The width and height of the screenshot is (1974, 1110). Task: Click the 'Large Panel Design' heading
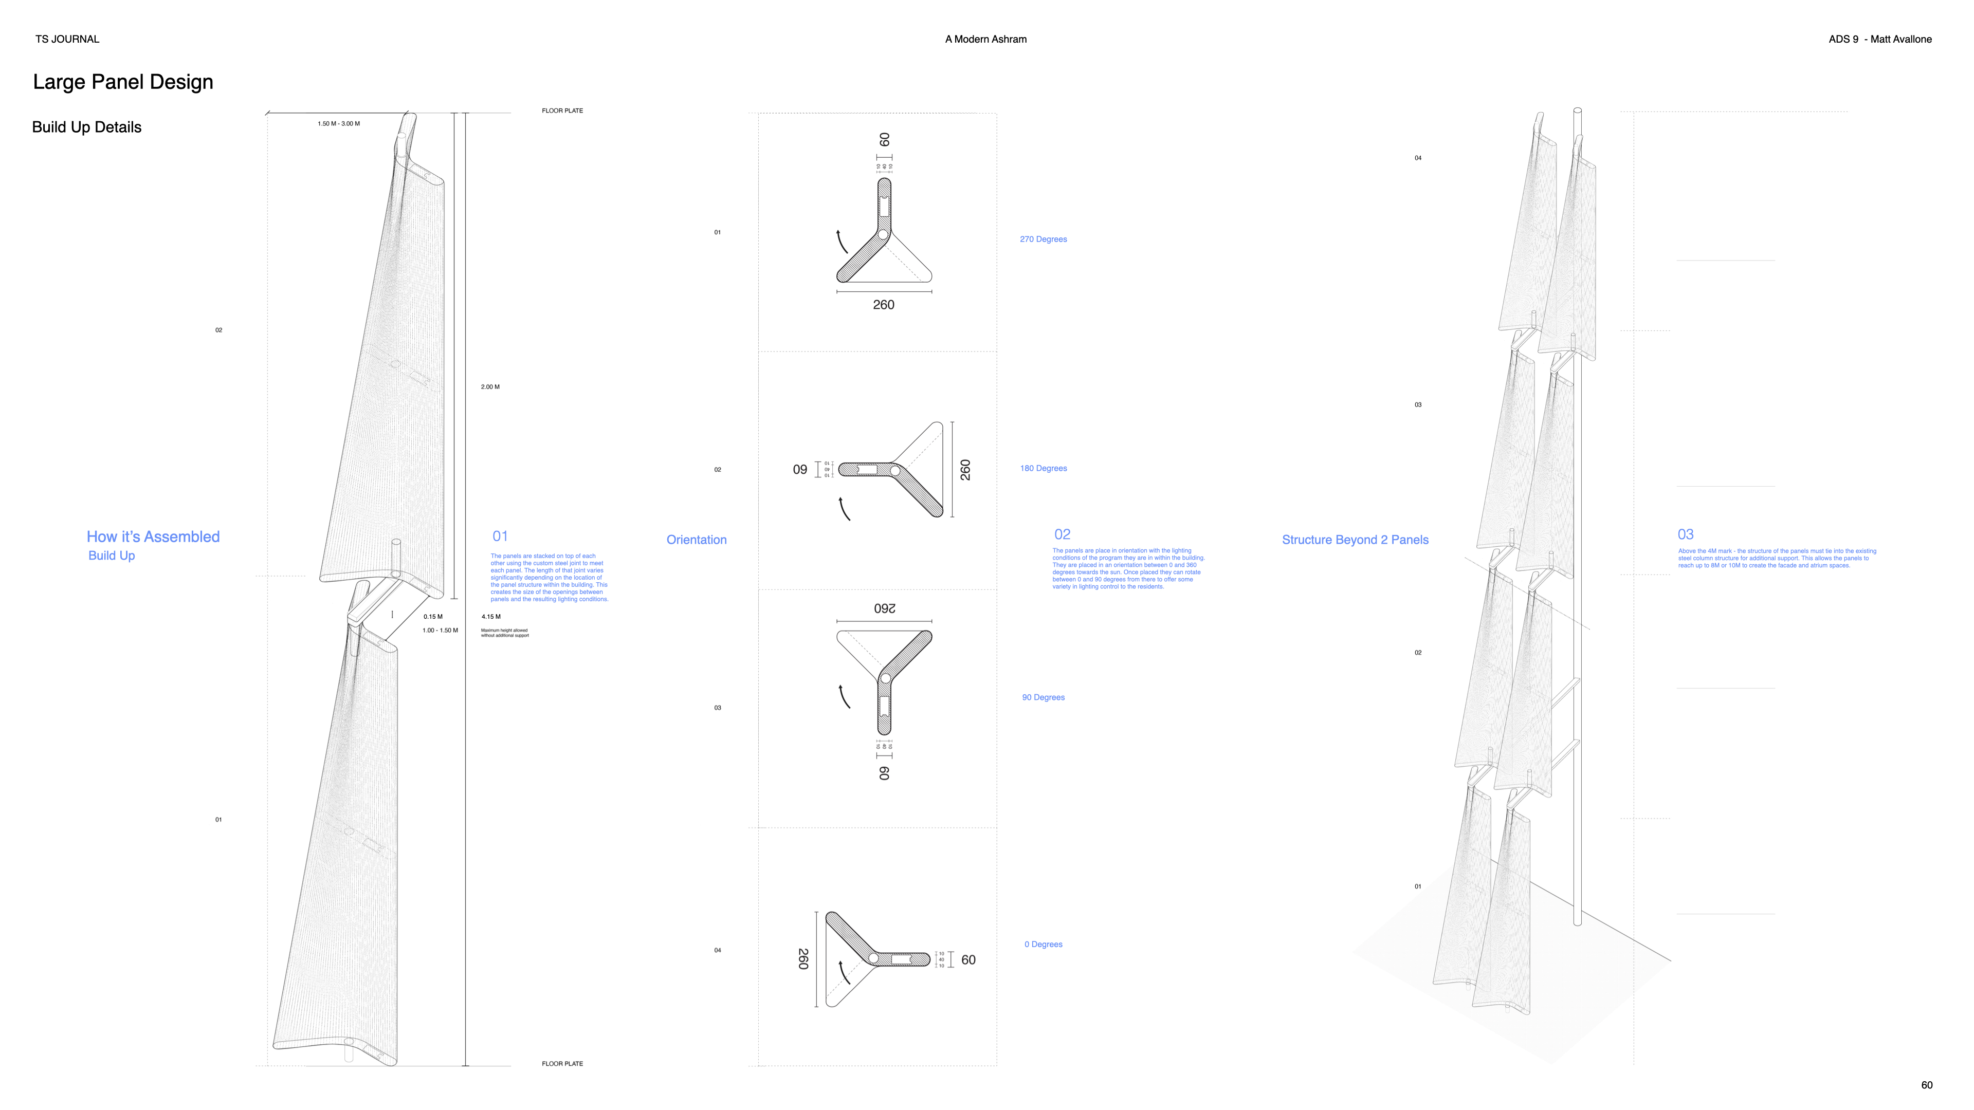[x=123, y=82]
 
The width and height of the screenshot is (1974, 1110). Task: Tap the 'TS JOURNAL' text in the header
[x=67, y=39]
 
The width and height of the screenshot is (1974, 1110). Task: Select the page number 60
[x=1927, y=1085]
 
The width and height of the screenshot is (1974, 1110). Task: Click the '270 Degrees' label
[x=1043, y=239]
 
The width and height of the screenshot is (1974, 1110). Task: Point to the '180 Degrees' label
[x=1043, y=468]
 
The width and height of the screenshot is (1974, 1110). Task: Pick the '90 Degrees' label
[x=1043, y=697]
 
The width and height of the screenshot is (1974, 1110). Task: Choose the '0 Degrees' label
[x=1043, y=944]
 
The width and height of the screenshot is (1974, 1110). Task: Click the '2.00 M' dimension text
[x=490, y=387]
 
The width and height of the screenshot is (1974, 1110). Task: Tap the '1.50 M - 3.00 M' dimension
[x=339, y=123]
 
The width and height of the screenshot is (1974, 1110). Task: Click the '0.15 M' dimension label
[x=433, y=617]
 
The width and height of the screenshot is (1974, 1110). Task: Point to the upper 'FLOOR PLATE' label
[x=562, y=110]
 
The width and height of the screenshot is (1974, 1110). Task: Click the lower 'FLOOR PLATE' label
[x=562, y=1063]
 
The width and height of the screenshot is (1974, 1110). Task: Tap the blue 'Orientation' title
[x=696, y=539]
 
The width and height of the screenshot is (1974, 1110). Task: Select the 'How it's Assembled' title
[x=153, y=536]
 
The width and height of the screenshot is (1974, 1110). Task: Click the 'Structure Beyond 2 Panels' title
[x=1355, y=539]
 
